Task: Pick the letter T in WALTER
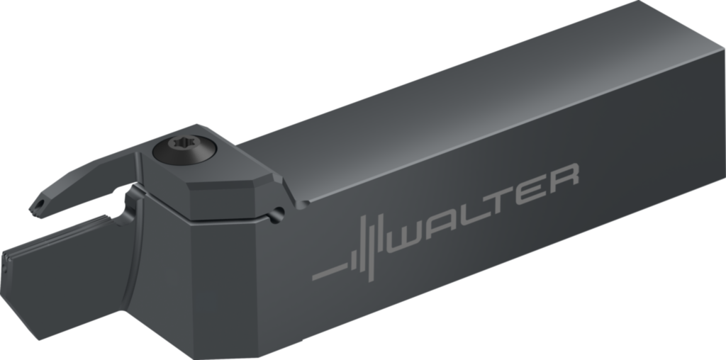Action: [x=500, y=199]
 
